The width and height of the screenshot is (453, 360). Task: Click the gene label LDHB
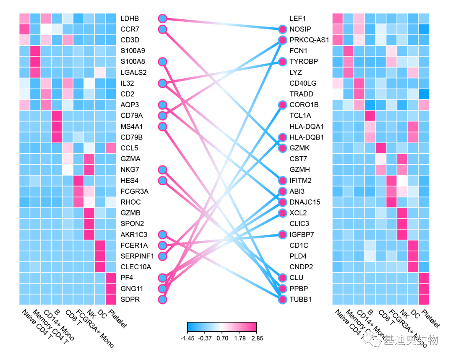pyautogui.click(x=129, y=18)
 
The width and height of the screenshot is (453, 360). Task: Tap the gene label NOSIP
pyautogui.click(x=300, y=29)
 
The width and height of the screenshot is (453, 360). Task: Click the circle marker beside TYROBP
pyautogui.click(x=283, y=61)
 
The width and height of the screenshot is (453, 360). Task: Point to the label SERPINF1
pyautogui.click(x=137, y=256)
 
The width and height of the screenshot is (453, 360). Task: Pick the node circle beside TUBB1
pyautogui.click(x=283, y=300)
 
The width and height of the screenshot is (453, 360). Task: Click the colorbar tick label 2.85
pyautogui.click(x=256, y=338)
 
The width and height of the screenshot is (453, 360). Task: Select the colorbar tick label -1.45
pyautogui.click(x=187, y=338)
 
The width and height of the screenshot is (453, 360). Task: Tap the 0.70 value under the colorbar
pyautogui.click(x=222, y=338)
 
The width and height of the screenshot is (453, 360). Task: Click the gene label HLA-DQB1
pyautogui.click(x=307, y=137)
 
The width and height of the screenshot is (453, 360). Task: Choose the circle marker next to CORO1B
pyautogui.click(x=283, y=105)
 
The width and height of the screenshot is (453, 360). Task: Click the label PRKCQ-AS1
pyautogui.click(x=309, y=40)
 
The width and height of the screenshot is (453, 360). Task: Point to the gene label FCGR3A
pyautogui.click(x=134, y=191)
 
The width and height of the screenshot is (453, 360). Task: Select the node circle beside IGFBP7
pyautogui.click(x=283, y=234)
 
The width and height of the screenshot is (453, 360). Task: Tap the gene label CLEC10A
pyautogui.click(x=135, y=267)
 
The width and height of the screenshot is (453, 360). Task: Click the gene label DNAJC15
pyautogui.click(x=305, y=202)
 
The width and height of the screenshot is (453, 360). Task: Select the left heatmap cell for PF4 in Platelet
pyautogui.click(x=111, y=278)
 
